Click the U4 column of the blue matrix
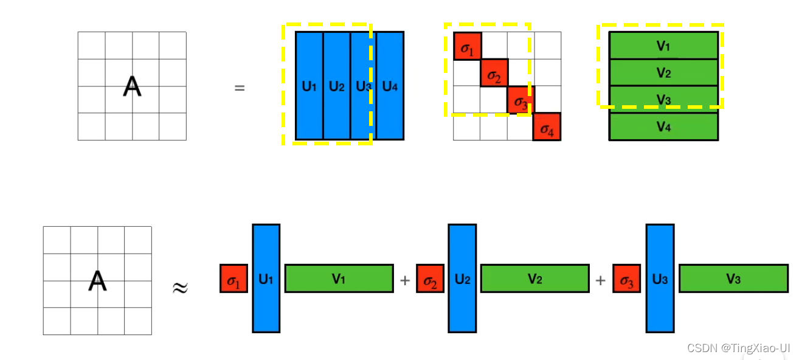click(x=390, y=86)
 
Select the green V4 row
click(x=663, y=127)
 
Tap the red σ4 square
click(x=547, y=126)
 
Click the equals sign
click(x=240, y=88)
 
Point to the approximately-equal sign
click(x=179, y=287)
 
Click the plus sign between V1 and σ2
click(x=405, y=280)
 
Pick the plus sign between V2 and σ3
click(x=601, y=280)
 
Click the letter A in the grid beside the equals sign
click(x=132, y=87)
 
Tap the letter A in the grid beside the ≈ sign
click(x=97, y=281)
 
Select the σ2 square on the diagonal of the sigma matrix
click(x=494, y=73)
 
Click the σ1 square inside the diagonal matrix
click(x=467, y=46)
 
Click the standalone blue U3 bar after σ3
click(x=660, y=279)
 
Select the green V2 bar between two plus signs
click(x=534, y=279)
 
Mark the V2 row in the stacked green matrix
click(x=663, y=73)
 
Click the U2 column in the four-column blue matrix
click(x=336, y=86)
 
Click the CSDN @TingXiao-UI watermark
click(x=738, y=348)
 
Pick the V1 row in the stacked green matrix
click(x=663, y=46)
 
